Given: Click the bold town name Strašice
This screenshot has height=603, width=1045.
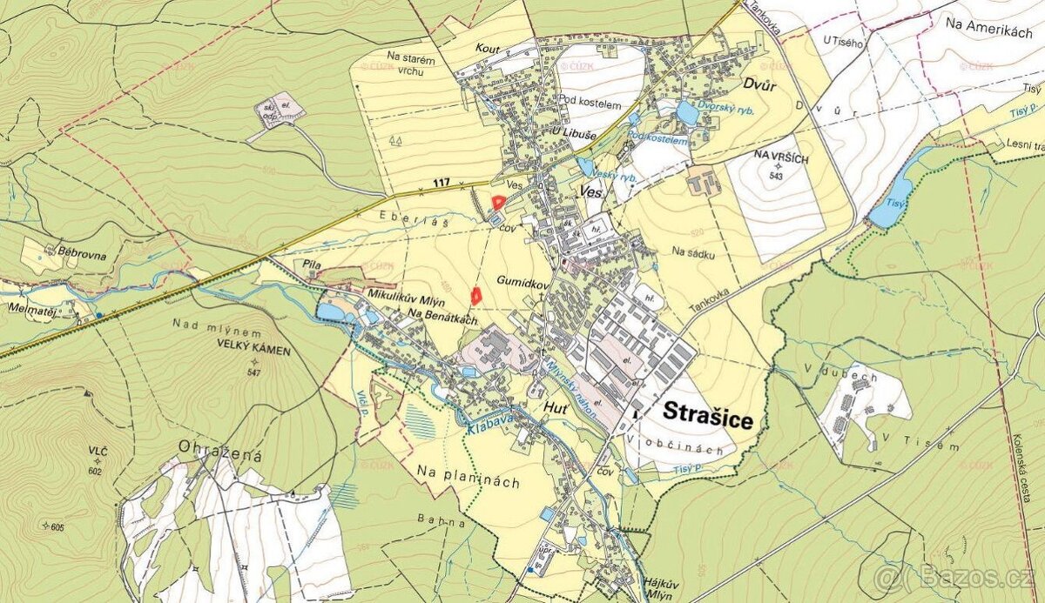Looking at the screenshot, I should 707,415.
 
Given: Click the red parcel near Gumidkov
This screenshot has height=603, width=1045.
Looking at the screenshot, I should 476,296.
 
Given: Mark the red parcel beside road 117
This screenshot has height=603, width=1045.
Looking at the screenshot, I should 498,203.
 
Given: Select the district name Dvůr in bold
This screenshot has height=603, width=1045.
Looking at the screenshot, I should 760,86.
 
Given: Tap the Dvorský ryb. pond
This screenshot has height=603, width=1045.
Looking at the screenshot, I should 688,113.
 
